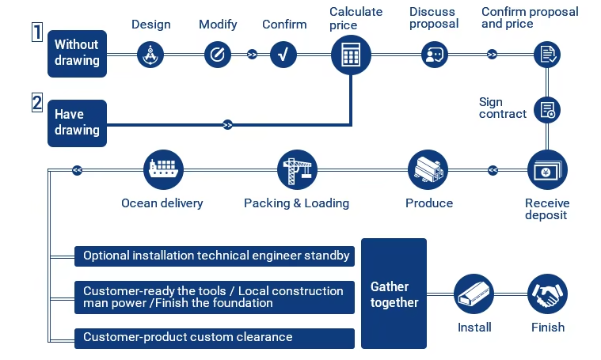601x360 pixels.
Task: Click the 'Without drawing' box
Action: pos(77,53)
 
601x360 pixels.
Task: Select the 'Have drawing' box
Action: pos(77,123)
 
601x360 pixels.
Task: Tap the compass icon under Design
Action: pos(150,55)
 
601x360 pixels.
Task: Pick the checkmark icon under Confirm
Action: pos(283,55)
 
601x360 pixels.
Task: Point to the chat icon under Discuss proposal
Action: pos(434,55)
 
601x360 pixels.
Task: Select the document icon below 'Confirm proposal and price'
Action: pos(547,55)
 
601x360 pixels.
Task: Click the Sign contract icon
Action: pos(547,110)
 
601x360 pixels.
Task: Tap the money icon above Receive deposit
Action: pos(547,169)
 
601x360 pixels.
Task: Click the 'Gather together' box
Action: pos(394,294)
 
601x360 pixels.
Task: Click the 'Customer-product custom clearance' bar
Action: pos(214,338)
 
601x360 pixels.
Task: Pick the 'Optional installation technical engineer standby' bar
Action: pos(214,256)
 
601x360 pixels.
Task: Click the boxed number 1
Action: pos(36,32)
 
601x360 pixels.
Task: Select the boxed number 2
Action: pos(36,102)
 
